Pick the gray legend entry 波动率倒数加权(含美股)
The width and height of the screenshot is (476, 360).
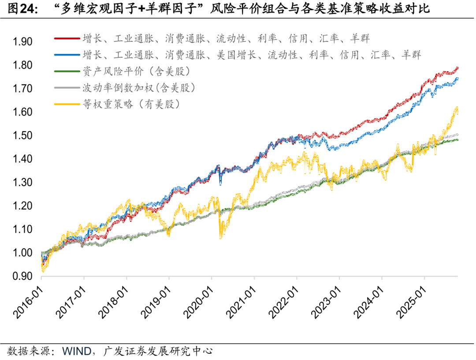click(138, 88)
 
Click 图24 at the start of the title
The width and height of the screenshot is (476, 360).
click(20, 8)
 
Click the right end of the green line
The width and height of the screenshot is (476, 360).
click(458, 140)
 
